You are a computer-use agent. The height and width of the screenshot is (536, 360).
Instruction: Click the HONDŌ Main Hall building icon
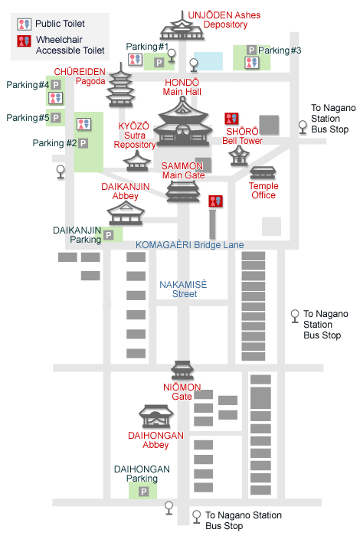click(183, 122)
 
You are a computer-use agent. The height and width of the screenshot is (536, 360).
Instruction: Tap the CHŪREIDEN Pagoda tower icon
click(120, 85)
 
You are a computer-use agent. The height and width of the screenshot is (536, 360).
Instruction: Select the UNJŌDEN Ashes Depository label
click(224, 20)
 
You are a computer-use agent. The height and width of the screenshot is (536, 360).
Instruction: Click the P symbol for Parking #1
click(159, 63)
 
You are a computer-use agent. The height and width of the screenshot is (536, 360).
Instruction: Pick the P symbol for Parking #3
click(252, 51)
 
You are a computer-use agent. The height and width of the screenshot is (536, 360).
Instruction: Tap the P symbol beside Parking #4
click(56, 84)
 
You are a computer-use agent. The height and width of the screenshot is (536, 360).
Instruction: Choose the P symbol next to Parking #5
click(56, 118)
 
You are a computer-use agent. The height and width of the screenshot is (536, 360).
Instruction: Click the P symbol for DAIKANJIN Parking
click(108, 235)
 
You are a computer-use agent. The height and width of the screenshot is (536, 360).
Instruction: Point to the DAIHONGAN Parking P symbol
click(143, 492)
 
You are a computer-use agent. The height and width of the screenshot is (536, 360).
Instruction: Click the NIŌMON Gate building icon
click(182, 370)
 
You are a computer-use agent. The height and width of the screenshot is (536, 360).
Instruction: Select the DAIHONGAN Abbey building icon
click(156, 417)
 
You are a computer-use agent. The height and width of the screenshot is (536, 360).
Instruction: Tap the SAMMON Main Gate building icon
click(182, 191)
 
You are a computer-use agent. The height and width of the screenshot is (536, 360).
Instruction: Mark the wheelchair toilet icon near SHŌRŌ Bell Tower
click(231, 119)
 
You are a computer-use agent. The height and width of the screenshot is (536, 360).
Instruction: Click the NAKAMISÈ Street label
click(183, 289)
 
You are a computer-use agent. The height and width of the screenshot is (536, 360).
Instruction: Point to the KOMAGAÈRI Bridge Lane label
click(190, 245)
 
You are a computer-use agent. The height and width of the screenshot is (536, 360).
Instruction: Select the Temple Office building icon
click(263, 173)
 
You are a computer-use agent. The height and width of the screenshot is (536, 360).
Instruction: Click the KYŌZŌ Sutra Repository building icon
click(137, 161)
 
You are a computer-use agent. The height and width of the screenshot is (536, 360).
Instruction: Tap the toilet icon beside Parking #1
click(136, 60)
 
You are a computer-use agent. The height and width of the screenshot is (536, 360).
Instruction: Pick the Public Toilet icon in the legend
click(25, 25)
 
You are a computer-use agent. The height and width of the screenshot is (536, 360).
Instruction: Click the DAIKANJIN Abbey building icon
click(126, 213)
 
